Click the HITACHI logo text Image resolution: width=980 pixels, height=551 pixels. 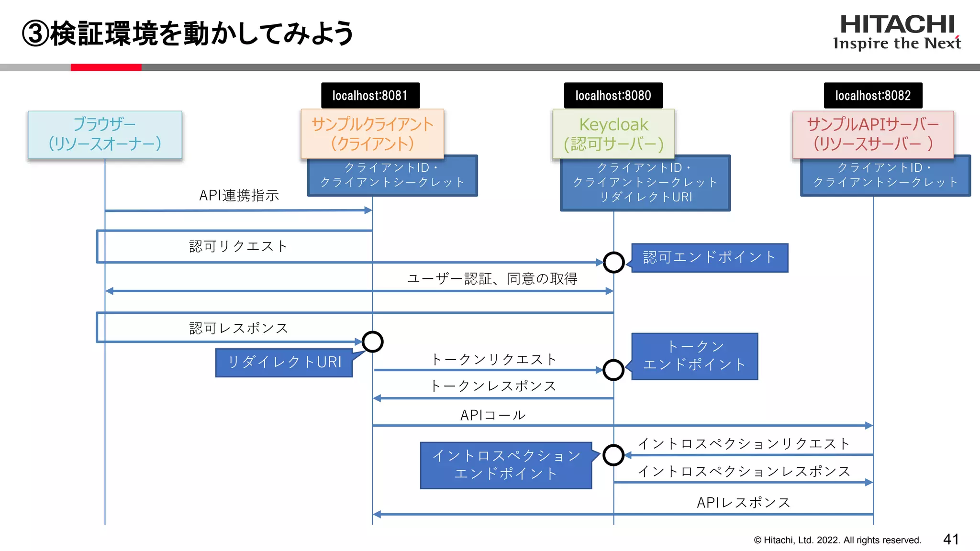897,25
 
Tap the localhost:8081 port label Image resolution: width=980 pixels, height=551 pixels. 370,96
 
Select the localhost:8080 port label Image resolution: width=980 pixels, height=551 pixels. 613,96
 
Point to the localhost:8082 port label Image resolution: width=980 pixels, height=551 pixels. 873,96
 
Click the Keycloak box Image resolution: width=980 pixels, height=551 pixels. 613,134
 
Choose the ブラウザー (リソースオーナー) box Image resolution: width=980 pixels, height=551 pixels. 105,134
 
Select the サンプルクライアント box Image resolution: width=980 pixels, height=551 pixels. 372,134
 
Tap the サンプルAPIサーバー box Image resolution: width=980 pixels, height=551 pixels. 873,134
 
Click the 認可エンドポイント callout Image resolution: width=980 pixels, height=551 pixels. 709,258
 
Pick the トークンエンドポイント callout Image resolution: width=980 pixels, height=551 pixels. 694,356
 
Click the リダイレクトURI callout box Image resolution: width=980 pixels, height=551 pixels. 284,363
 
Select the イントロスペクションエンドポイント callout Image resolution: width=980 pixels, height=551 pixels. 506,465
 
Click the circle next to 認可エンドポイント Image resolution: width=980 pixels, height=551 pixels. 613,262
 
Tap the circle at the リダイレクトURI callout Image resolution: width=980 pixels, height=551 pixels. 372,342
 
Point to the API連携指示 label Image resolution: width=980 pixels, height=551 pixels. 239,195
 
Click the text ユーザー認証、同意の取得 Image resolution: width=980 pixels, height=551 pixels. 492,278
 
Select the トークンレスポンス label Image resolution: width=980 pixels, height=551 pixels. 493,386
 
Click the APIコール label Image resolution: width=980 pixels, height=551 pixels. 493,415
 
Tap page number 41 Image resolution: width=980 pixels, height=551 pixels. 951,540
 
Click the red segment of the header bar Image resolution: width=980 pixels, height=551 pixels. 106,67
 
